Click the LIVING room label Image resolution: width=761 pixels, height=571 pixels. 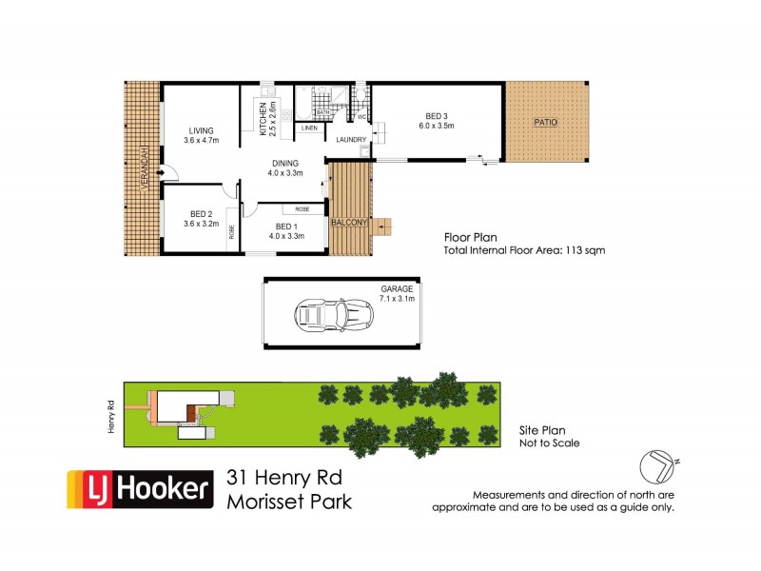coord(201,130)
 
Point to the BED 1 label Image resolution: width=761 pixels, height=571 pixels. coord(286,226)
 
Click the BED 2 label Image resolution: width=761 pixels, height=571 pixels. coord(200,214)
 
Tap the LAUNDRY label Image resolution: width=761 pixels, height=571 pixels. coord(350,139)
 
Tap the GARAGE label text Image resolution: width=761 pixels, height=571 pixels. coord(398,288)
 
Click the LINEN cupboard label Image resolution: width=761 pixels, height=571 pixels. coord(308,128)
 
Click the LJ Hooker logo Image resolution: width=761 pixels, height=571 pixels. coord(138,489)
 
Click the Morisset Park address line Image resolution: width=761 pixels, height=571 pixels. coord(289,501)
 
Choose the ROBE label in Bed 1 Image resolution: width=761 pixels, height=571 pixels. coord(302,208)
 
